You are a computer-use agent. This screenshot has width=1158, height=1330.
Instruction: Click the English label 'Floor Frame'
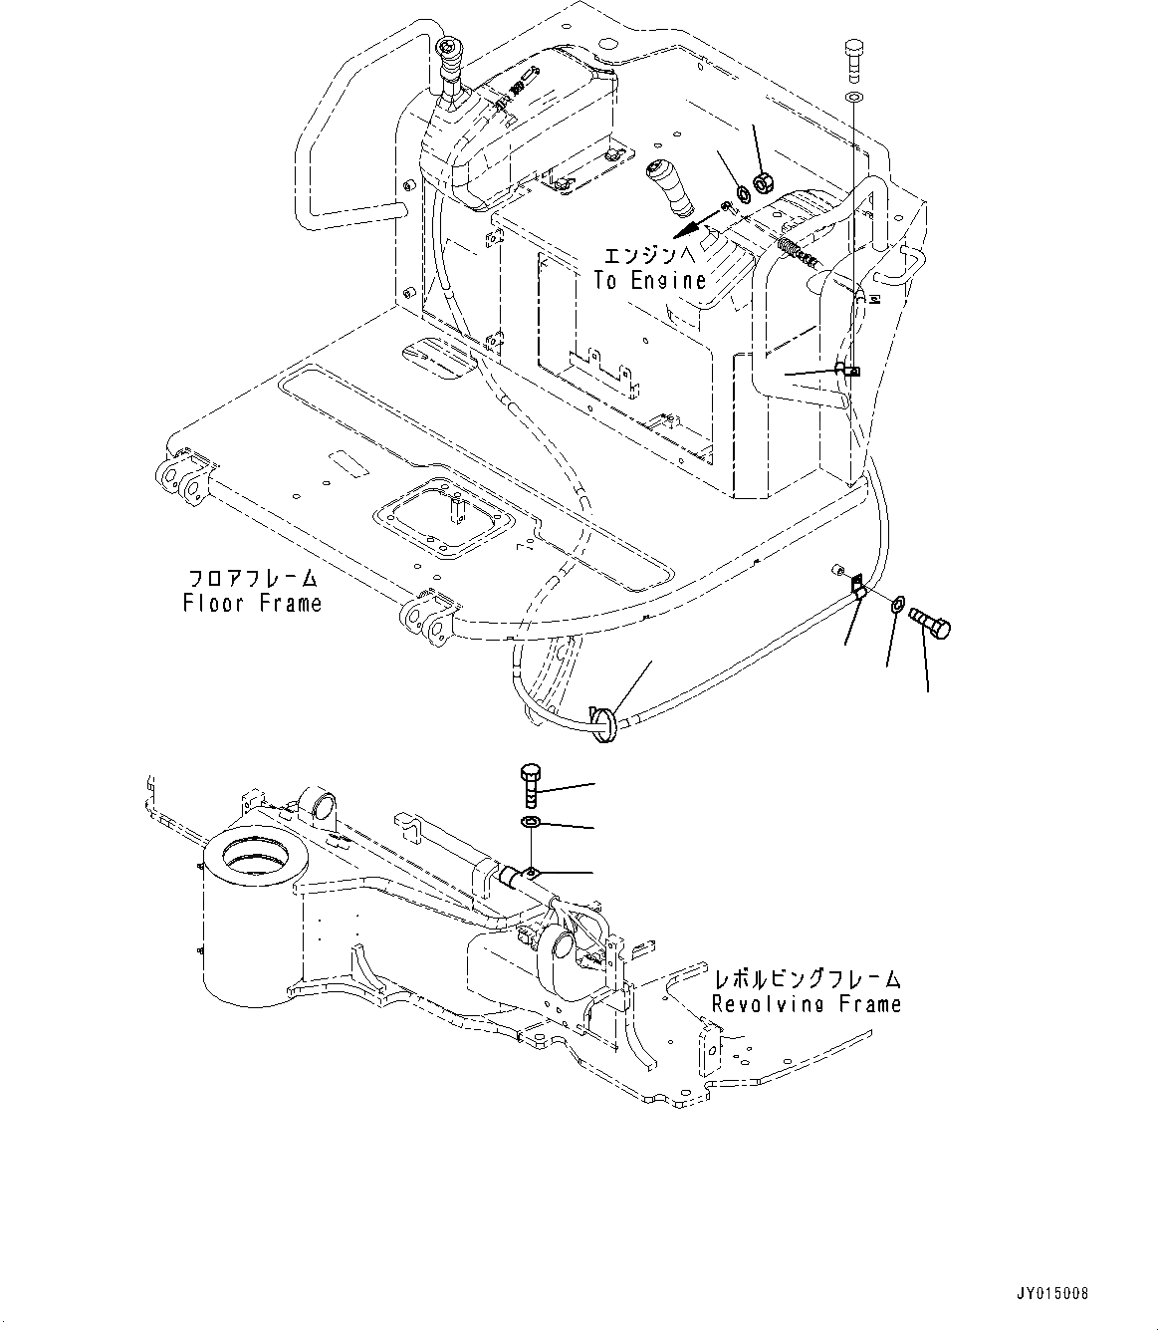click(x=252, y=603)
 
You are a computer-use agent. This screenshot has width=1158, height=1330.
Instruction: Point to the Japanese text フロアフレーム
click(x=253, y=579)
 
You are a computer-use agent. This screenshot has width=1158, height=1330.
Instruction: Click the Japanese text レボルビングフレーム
click(x=806, y=978)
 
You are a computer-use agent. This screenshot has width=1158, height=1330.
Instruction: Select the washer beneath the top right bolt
click(x=854, y=97)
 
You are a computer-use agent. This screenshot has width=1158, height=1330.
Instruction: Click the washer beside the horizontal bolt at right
click(x=897, y=604)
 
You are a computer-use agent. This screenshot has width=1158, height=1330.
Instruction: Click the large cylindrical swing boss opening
click(x=254, y=852)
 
